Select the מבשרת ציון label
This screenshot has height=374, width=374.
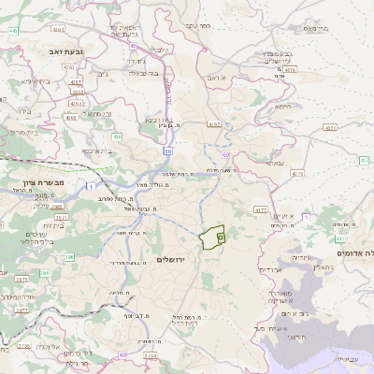tap(41, 182)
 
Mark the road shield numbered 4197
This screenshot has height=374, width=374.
tap(214, 123)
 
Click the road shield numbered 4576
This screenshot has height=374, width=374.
tap(291, 68)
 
